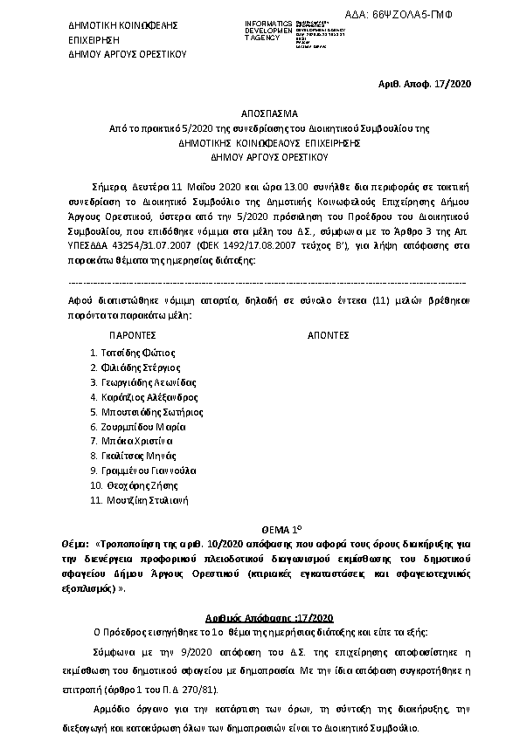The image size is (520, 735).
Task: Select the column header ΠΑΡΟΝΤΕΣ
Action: point(132,334)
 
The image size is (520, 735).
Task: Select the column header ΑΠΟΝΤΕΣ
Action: point(329,334)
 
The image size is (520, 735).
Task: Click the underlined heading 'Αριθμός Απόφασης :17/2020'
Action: point(260,615)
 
